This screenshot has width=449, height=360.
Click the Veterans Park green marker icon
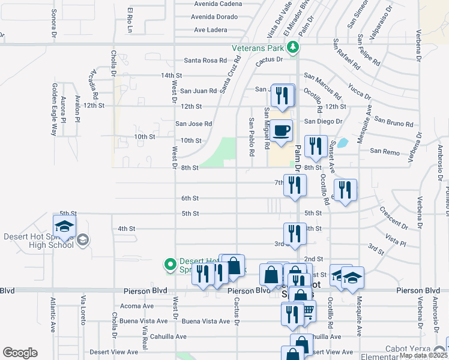[x=292, y=47]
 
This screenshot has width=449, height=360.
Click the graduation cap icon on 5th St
[x=64, y=226]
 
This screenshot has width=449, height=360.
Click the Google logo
[x=20, y=353]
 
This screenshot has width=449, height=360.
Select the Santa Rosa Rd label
[x=205, y=61]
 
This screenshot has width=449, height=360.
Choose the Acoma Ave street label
[x=137, y=305]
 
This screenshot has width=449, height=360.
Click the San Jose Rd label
[x=193, y=124]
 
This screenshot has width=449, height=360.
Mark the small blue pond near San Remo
[x=343, y=143]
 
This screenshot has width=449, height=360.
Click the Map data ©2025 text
[x=423, y=355]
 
